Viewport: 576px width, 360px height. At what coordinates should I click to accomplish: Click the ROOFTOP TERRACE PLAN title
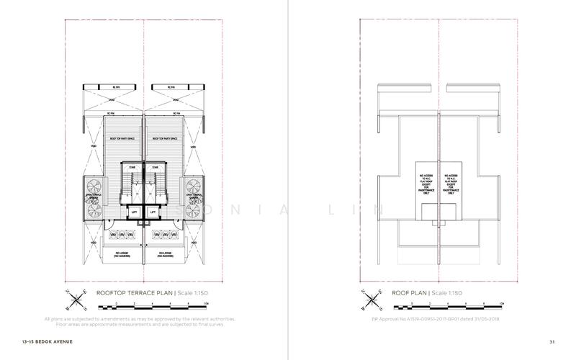tap(134, 293)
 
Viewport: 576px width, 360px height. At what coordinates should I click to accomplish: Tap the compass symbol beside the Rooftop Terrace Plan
tap(74, 297)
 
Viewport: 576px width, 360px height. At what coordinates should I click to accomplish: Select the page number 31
tap(551, 341)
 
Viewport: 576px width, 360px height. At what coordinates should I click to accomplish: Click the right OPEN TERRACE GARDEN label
tap(190, 195)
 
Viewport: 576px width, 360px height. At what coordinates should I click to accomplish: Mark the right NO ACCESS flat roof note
tap(450, 184)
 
